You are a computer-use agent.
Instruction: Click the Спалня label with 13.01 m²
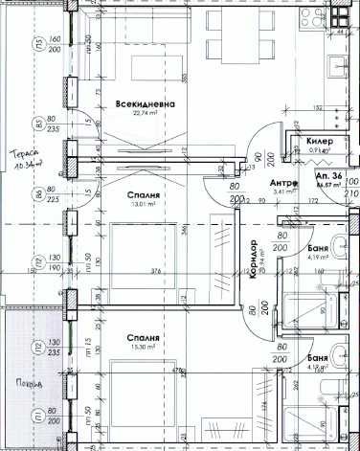coord(144,193)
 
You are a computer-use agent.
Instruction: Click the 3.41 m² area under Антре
coord(281,192)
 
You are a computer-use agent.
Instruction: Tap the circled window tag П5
coord(37,45)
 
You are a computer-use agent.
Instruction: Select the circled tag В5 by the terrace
coord(37,122)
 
